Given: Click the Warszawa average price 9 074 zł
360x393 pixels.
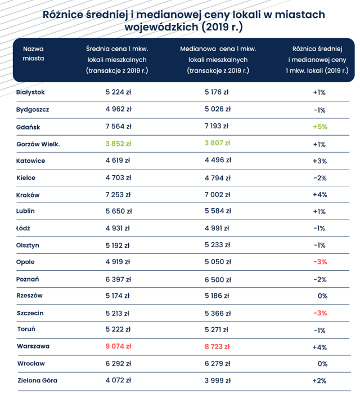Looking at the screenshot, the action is click(x=119, y=346).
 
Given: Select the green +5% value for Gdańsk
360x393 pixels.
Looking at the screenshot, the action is click(x=320, y=127).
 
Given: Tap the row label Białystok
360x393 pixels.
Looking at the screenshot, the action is click(x=30, y=92).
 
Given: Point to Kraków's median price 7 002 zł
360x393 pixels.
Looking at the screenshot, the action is click(x=217, y=194).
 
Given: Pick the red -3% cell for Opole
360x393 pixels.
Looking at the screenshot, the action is click(x=320, y=262).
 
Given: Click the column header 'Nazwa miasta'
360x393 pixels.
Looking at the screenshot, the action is click(x=33, y=53).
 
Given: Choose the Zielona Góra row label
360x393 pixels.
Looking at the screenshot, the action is click(x=37, y=381).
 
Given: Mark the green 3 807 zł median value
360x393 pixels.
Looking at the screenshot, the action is click(x=217, y=143).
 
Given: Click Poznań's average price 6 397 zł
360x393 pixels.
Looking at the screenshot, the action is click(x=118, y=279).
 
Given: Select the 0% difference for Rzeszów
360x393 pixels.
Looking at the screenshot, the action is click(x=322, y=296).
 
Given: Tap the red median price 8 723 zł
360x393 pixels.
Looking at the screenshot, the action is click(x=217, y=346).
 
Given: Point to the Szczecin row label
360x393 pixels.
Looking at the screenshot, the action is click(x=30, y=313).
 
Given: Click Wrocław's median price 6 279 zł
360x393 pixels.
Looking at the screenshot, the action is click(x=217, y=363).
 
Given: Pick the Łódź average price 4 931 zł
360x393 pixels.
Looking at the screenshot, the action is click(x=118, y=228).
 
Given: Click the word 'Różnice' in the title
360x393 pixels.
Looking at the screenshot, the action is click(x=62, y=15).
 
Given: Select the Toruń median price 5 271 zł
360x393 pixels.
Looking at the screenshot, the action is click(x=217, y=329).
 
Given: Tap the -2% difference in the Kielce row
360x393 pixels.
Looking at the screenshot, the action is click(x=320, y=178).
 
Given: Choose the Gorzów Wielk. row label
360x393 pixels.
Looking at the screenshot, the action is click(x=38, y=144).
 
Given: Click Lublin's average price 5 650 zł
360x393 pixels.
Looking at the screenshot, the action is click(x=119, y=211).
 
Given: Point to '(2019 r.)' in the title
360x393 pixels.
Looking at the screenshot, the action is click(x=222, y=27).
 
